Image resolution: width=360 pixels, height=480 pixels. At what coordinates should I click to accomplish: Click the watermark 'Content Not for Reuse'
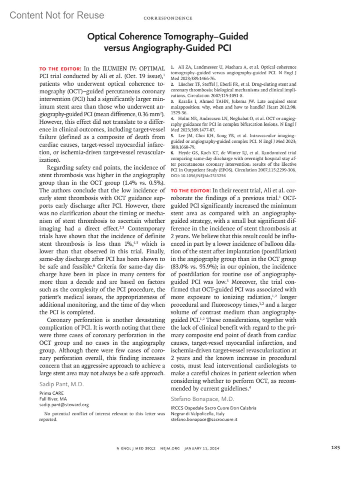point(57,15)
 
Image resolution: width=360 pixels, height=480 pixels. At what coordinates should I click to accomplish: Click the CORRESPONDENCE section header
point(168,18)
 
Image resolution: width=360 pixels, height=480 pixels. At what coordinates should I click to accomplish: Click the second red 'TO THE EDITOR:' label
point(191,191)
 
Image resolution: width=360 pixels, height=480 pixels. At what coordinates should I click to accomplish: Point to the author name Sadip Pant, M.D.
point(61,384)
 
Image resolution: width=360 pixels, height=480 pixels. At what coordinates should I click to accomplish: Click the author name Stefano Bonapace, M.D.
point(202,399)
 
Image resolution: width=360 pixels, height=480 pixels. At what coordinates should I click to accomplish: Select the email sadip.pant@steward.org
point(64,405)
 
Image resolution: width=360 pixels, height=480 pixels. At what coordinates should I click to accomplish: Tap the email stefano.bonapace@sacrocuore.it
point(204,419)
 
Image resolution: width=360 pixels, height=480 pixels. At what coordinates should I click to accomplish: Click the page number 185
point(335,448)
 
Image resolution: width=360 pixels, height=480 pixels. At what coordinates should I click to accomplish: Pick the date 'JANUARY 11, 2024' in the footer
point(202,448)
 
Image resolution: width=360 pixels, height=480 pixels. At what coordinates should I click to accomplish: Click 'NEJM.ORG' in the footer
point(170,448)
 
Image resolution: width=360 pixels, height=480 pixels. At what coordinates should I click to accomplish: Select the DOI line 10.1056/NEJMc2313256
point(198,176)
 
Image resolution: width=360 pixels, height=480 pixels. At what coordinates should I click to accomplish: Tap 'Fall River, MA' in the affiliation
point(53,399)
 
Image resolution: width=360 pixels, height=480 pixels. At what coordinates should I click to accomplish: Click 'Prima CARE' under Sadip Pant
point(51,393)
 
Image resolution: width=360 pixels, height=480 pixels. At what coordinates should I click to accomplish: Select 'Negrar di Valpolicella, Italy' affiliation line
point(197,414)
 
